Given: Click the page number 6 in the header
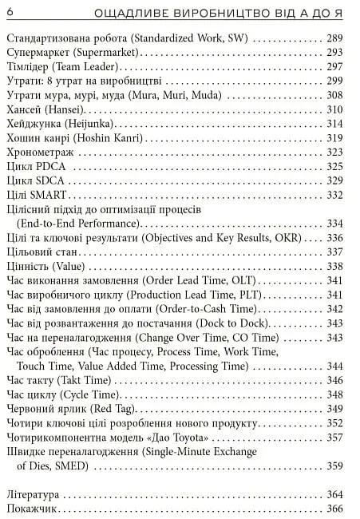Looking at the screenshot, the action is coord(9,11).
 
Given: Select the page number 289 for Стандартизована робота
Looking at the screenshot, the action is coord(335,38).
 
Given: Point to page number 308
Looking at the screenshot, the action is coord(335,95).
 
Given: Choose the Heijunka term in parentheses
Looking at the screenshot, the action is coord(89,124).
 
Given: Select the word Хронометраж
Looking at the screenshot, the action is coord(40,153).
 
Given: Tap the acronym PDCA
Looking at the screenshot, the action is coord(50,167).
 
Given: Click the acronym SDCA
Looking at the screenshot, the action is coord(50,181).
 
